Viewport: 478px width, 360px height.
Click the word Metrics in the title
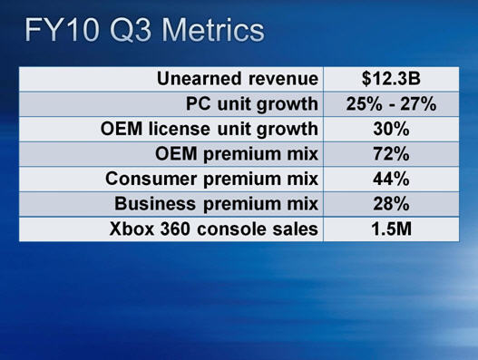tap(212, 30)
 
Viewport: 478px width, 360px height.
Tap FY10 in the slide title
tap(63, 30)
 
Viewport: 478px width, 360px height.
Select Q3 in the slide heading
tap(131, 31)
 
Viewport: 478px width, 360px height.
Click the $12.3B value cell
tap(391, 79)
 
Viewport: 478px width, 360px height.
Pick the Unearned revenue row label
tap(238, 79)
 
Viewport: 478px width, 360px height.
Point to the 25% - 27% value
tap(391, 104)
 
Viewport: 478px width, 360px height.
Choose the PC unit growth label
tap(252, 104)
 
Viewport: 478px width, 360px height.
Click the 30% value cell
tap(391, 129)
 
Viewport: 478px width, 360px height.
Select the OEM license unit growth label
tap(210, 130)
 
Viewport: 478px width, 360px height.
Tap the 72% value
tap(391, 154)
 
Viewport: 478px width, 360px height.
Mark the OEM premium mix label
tap(237, 154)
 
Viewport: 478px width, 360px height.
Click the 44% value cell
tap(391, 179)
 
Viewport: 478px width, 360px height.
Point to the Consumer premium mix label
tap(212, 180)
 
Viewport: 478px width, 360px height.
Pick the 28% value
tap(391, 204)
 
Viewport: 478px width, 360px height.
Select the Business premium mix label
tap(217, 204)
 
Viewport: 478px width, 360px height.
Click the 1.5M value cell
tap(392, 229)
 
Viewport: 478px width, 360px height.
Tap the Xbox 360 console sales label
tap(214, 229)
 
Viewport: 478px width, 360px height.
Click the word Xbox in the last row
tap(132, 229)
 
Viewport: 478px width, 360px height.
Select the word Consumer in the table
tap(151, 179)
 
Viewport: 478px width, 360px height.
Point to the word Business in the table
tap(155, 204)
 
